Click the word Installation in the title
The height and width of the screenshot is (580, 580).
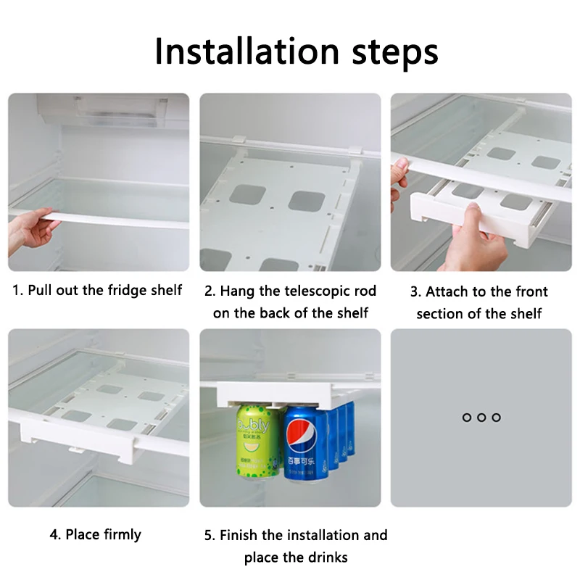[247, 51]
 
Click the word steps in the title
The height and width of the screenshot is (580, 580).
[395, 53]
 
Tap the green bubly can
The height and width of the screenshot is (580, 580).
[257, 442]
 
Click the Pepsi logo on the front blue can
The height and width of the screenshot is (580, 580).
[302, 436]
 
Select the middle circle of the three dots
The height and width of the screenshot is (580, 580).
[481, 418]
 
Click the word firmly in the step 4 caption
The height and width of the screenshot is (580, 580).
[123, 535]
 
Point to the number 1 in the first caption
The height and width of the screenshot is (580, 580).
[16, 291]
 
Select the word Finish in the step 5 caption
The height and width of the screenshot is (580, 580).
[239, 535]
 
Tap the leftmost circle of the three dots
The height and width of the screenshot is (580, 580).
[467, 418]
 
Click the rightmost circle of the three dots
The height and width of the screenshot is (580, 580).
[497, 418]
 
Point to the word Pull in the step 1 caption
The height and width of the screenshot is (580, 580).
[40, 291]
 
